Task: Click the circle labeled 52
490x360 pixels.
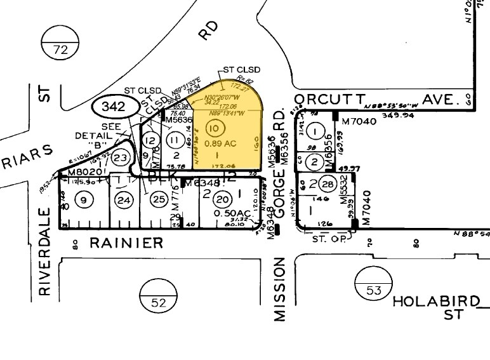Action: pos(154,294)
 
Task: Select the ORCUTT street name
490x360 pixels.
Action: pos(329,100)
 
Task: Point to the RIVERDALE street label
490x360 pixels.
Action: pos(44,251)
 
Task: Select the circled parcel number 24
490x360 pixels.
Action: pos(124,201)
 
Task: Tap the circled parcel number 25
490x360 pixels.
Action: pos(157,201)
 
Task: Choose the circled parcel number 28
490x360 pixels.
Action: pos(328,184)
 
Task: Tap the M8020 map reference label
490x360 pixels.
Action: pos(81,171)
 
